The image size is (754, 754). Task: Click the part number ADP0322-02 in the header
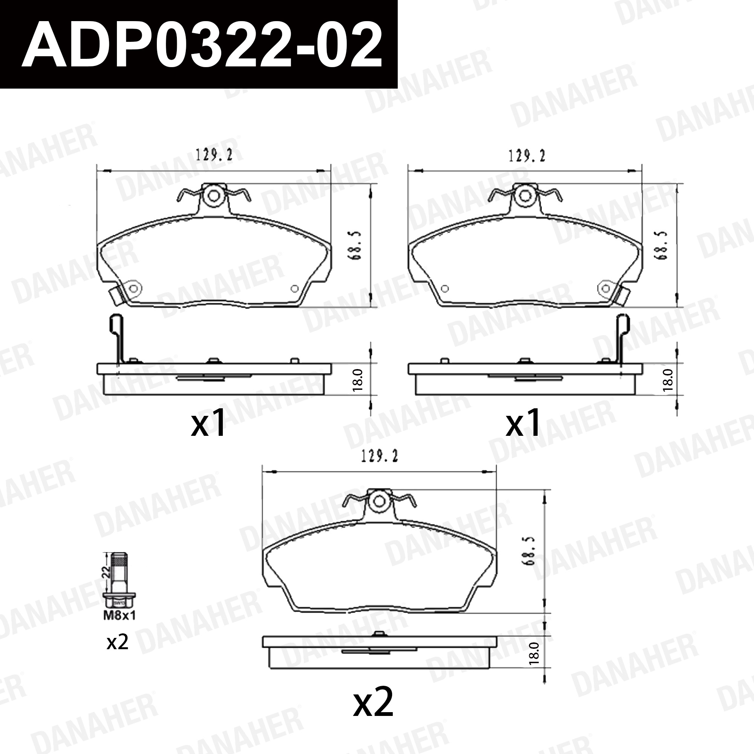point(201,45)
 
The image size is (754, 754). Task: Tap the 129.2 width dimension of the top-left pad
point(214,155)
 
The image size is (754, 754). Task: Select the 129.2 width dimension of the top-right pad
point(526,156)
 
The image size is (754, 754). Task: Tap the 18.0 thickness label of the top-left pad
point(358,379)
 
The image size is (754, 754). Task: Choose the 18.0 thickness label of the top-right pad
point(668,379)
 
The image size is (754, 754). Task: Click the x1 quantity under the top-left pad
point(208,423)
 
